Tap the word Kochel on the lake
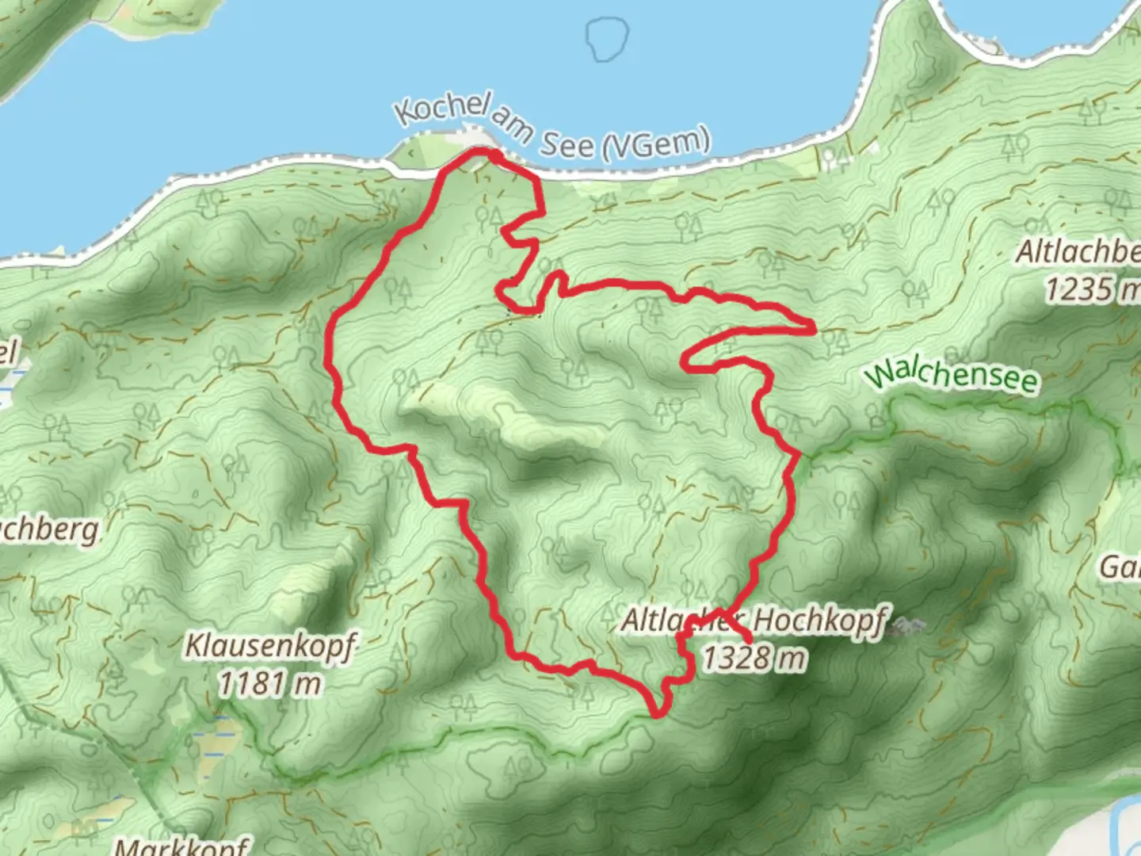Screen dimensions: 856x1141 (x=441, y=109)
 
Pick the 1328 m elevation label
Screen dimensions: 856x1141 (x=754, y=657)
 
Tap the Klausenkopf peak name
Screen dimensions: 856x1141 (x=270, y=645)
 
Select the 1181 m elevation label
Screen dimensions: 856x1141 (x=270, y=682)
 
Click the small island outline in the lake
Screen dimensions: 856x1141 (x=608, y=38)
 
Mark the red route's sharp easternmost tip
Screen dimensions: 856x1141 (x=814, y=326)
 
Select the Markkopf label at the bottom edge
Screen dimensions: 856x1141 (x=181, y=846)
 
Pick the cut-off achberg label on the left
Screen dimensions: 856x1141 (x=49, y=529)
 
